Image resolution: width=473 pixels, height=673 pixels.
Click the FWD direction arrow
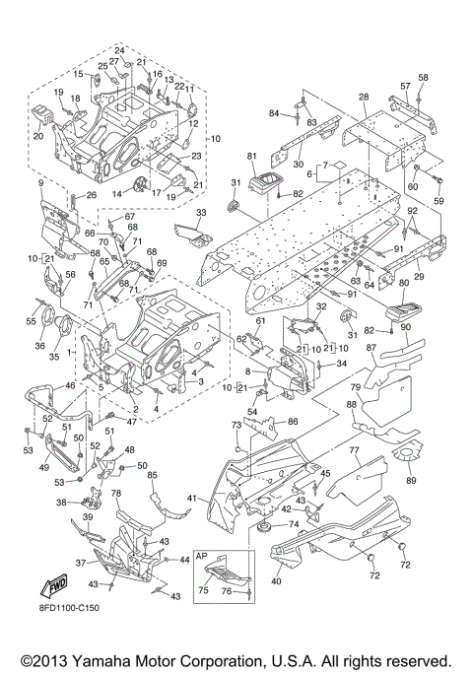tap(54, 586)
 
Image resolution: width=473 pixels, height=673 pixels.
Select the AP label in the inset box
tap(202, 556)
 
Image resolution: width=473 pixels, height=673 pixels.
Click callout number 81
tap(252, 157)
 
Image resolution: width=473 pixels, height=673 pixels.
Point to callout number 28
tap(364, 97)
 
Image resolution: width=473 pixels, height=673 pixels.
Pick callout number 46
tap(70, 385)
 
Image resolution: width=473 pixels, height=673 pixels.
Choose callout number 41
tap(192, 499)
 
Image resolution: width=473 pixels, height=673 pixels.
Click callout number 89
tap(411, 480)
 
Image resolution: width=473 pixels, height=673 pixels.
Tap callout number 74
tap(294, 524)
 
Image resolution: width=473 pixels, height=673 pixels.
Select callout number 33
tap(201, 212)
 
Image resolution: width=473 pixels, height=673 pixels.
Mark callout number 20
tap(38, 136)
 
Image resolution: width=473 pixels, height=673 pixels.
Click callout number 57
tap(406, 87)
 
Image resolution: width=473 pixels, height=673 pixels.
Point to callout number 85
tap(152, 475)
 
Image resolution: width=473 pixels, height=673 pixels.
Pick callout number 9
tap(40, 183)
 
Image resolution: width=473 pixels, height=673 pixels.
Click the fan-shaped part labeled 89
tap(407, 451)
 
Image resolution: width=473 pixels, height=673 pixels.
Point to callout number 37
tap(81, 563)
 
